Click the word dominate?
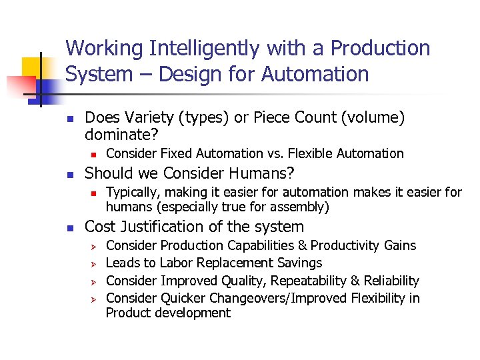pyautogui.click(x=122, y=135)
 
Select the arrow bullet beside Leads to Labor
pyautogui.click(x=94, y=264)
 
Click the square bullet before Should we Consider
pyautogui.click(x=71, y=175)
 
